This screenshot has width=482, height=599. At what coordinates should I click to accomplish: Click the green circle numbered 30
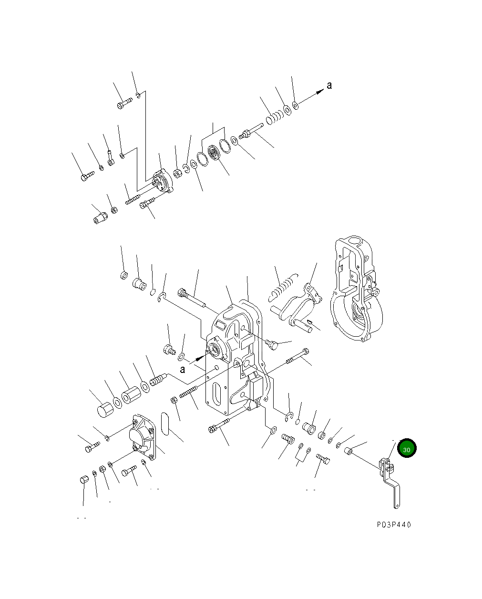pyautogui.click(x=407, y=448)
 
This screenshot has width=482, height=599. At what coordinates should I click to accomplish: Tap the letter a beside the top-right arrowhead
pyautogui.click(x=329, y=85)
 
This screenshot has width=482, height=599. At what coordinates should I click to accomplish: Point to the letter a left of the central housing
pyautogui.click(x=182, y=369)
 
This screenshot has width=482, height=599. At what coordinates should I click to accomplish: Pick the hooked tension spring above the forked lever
pyautogui.click(x=282, y=288)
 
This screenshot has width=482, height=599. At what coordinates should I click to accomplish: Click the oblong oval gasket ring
pyautogui.click(x=165, y=424)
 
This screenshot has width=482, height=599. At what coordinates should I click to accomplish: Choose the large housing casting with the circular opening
pyautogui.click(x=356, y=289)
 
